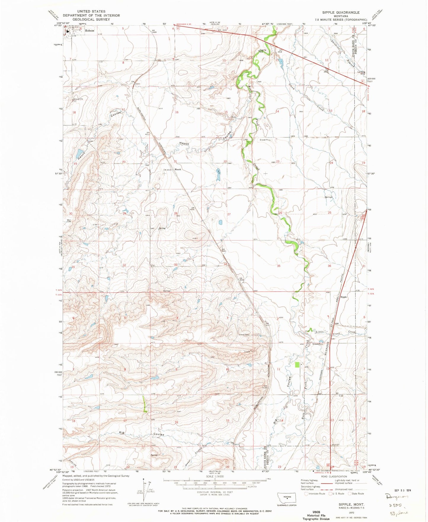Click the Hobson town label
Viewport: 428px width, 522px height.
point(89,31)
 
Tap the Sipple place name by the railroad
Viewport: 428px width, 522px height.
point(343,297)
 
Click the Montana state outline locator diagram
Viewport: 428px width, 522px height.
point(286,497)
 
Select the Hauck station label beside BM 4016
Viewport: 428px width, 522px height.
point(178,169)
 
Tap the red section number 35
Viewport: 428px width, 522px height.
point(278,266)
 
